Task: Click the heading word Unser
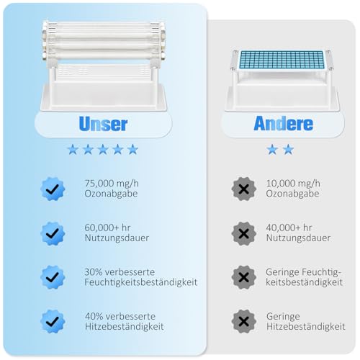click(x=103, y=124)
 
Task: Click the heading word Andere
click(x=284, y=123)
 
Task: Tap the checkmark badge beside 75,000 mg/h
click(x=53, y=189)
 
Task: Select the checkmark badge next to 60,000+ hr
click(x=53, y=233)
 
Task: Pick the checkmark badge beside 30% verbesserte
click(x=53, y=277)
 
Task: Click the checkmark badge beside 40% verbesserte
click(x=53, y=321)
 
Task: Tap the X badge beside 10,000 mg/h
click(x=244, y=189)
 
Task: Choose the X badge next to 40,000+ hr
click(x=244, y=233)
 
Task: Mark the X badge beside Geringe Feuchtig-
click(x=244, y=277)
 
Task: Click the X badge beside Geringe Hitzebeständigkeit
click(x=244, y=321)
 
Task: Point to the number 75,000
click(x=97, y=184)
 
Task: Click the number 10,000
click(x=279, y=184)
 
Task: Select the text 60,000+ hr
click(x=107, y=228)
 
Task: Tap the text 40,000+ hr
click(x=289, y=228)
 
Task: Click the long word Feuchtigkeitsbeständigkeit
click(x=141, y=282)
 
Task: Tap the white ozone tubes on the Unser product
click(x=104, y=40)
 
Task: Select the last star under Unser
click(x=132, y=150)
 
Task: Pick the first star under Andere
click(x=272, y=150)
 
